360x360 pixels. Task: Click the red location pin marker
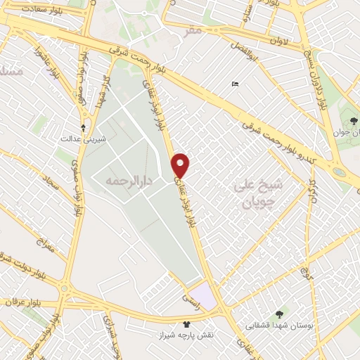(181, 165)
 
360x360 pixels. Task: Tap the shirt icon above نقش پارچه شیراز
(186, 324)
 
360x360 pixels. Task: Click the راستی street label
(191, 300)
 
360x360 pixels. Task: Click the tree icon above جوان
(353, 121)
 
